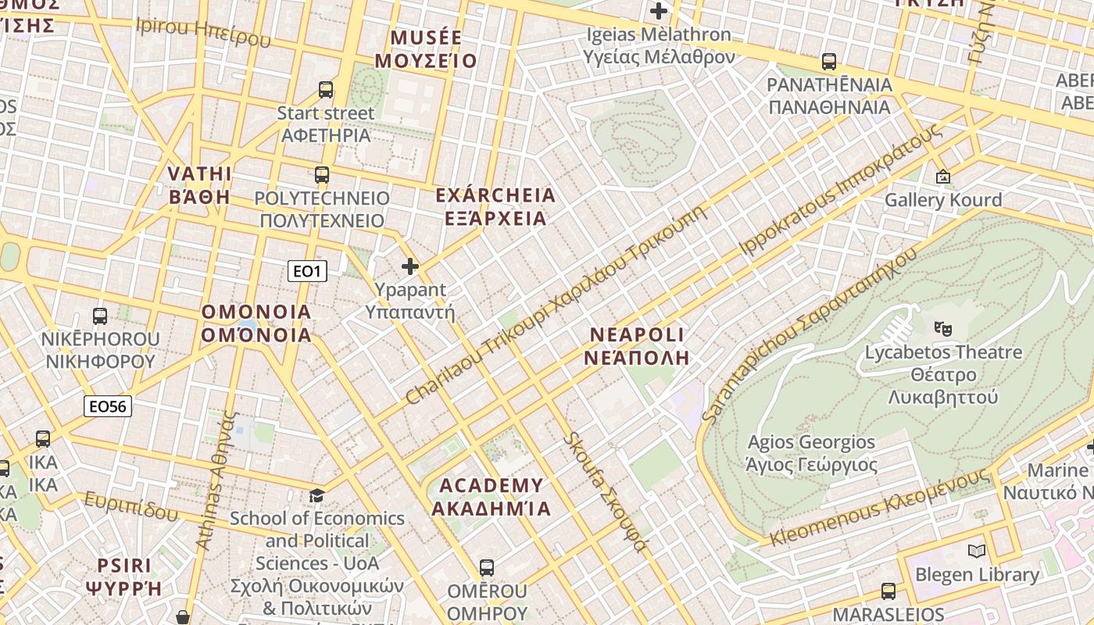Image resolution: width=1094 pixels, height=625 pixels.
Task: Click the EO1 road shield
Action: pyautogui.click(x=307, y=271)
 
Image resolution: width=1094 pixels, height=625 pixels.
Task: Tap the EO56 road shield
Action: pyautogui.click(x=108, y=406)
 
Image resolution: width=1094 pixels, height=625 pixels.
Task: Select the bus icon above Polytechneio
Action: pyautogui.click(x=322, y=174)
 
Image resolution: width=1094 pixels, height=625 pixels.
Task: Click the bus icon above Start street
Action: pyautogui.click(x=326, y=90)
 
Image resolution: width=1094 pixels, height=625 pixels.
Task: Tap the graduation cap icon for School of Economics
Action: pyautogui.click(x=316, y=495)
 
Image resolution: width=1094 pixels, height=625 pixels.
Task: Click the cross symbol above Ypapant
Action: pyautogui.click(x=410, y=267)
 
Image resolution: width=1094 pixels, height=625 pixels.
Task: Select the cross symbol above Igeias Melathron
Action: pyautogui.click(x=659, y=12)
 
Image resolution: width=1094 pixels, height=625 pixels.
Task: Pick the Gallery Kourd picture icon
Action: pyautogui.click(x=943, y=177)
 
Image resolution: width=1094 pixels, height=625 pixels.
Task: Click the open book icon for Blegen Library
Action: pyautogui.click(x=977, y=552)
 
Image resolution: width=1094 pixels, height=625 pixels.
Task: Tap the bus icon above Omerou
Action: pyautogui.click(x=487, y=568)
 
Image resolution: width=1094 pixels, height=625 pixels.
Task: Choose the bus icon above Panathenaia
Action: pyautogui.click(x=829, y=61)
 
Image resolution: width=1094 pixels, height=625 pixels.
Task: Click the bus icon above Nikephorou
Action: pyautogui.click(x=100, y=316)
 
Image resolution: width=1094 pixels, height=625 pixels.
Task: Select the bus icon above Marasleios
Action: pyautogui.click(x=888, y=591)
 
